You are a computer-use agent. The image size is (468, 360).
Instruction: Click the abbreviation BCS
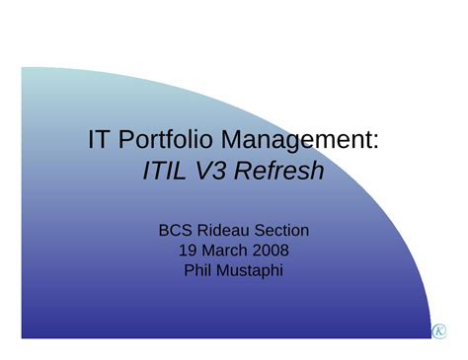coord(176,231)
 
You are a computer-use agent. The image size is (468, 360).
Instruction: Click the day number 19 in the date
coord(188,251)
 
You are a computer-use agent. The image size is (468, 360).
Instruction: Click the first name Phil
coord(197,270)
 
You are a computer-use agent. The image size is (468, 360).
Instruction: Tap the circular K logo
coord(439,331)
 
